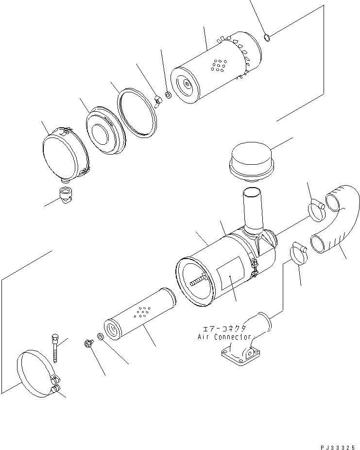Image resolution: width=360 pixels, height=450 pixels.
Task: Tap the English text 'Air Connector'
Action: (224, 337)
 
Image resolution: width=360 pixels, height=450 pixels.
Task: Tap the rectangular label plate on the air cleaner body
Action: (230, 275)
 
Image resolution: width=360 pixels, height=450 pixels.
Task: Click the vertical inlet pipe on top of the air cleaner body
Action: (254, 211)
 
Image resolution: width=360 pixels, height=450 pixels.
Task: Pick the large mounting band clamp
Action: (36, 375)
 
